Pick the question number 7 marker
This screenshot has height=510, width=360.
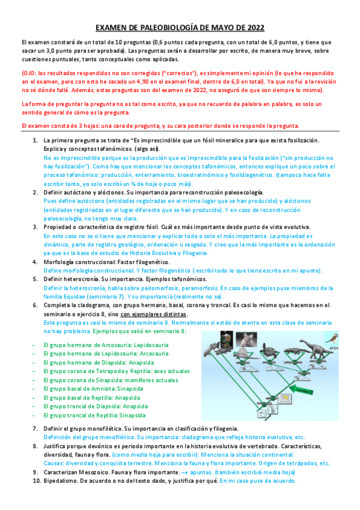35,428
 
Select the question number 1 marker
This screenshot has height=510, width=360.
35,140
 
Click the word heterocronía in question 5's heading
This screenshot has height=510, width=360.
84,280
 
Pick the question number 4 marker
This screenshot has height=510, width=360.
35,262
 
